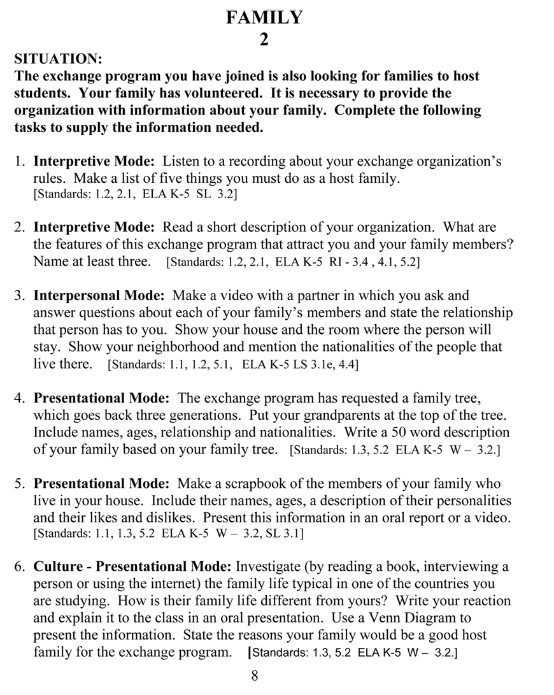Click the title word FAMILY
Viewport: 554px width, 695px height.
(264, 18)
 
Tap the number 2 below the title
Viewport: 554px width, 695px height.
(264, 39)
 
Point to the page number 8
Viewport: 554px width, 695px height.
(255, 677)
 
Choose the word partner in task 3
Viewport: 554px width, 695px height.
(311, 296)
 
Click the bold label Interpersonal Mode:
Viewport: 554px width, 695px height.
(99, 296)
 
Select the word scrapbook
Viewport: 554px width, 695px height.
(251, 484)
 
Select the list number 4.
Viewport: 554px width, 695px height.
(20, 398)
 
